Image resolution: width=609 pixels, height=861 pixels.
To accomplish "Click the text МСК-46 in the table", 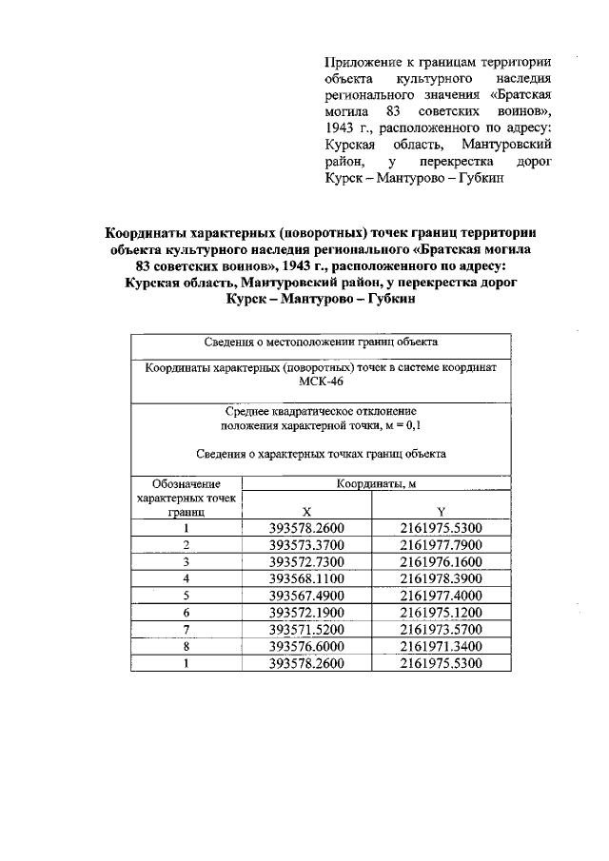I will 321,382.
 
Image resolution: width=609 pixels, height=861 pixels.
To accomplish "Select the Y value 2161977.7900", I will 442,544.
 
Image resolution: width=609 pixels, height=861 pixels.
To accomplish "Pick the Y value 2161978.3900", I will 442,577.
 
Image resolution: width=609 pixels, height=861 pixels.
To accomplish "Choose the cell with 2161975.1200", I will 442,612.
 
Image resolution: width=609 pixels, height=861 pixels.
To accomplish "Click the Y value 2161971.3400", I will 442,646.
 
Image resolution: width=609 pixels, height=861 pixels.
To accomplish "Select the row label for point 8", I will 187,646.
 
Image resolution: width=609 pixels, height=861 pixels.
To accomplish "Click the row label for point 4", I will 187,577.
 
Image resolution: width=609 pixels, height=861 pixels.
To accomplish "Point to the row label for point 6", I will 187,612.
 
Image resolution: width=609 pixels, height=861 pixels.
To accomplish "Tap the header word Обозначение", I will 187,484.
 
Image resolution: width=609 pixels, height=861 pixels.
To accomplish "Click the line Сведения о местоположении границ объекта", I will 321,342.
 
